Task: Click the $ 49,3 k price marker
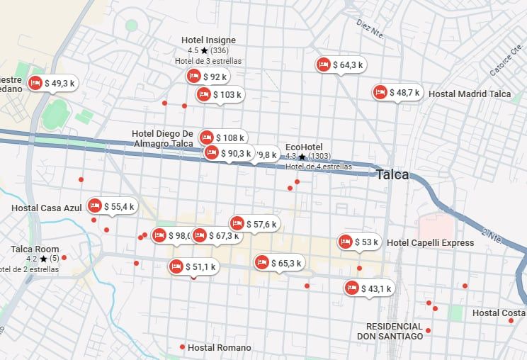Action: (52, 84)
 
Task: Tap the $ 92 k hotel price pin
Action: (208, 77)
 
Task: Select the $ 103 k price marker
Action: (220, 94)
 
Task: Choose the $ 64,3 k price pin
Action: (341, 65)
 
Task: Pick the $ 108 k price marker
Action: (223, 138)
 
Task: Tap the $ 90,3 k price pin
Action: (228, 153)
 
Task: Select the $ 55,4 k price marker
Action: (112, 207)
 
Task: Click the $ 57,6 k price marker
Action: (255, 225)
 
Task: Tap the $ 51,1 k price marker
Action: (193, 267)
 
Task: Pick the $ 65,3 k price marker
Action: (280, 263)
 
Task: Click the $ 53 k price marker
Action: (360, 242)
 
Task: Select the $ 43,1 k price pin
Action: (369, 288)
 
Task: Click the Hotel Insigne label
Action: (208, 40)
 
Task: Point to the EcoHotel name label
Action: (304, 147)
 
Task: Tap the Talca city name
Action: (392, 175)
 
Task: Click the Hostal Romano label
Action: (219, 347)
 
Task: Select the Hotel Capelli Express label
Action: (430, 243)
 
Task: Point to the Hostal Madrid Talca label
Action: (470, 94)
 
